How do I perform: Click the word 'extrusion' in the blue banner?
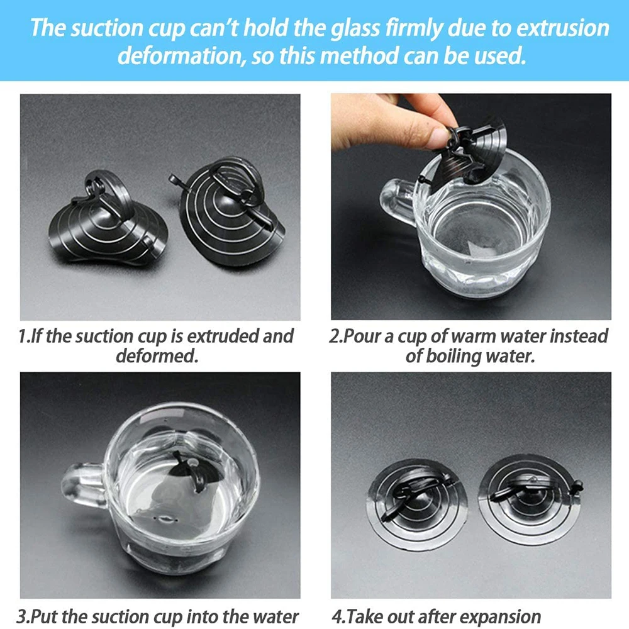click(562, 28)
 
